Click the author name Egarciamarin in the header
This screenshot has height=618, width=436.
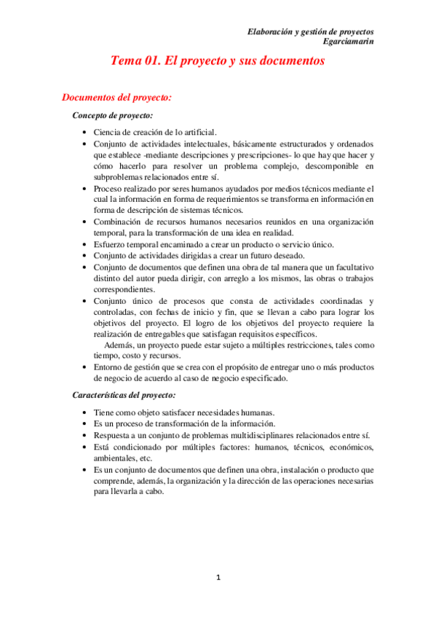tap(347, 43)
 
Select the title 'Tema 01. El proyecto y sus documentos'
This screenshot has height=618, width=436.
tap(217, 62)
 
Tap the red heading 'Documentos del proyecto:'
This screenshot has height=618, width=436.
tap(116, 97)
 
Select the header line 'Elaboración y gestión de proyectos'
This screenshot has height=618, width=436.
tap(311, 32)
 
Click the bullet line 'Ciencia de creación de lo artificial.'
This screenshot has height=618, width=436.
tap(155, 132)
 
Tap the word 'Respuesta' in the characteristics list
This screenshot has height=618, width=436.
tap(113, 435)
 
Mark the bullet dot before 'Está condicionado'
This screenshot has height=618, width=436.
tap(85, 447)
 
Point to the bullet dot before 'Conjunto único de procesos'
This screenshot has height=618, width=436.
tap(85, 301)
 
